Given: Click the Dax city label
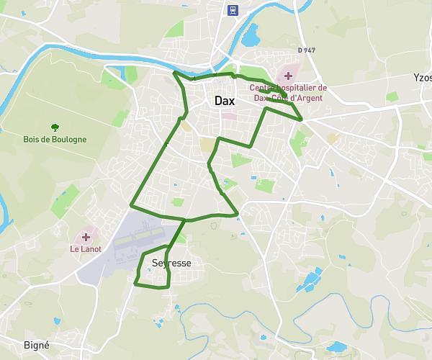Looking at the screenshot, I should [224, 102].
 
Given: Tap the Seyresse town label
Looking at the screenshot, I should [171, 264].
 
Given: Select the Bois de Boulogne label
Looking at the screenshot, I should [55, 139].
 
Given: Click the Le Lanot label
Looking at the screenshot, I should [86, 249].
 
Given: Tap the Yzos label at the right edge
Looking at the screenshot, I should [423, 77].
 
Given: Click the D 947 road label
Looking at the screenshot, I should [307, 50].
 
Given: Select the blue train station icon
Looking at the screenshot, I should [233, 9].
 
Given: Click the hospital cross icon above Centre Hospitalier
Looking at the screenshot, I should [288, 76].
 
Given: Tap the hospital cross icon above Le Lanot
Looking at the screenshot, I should [86, 237].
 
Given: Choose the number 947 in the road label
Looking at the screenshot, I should [310, 50].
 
